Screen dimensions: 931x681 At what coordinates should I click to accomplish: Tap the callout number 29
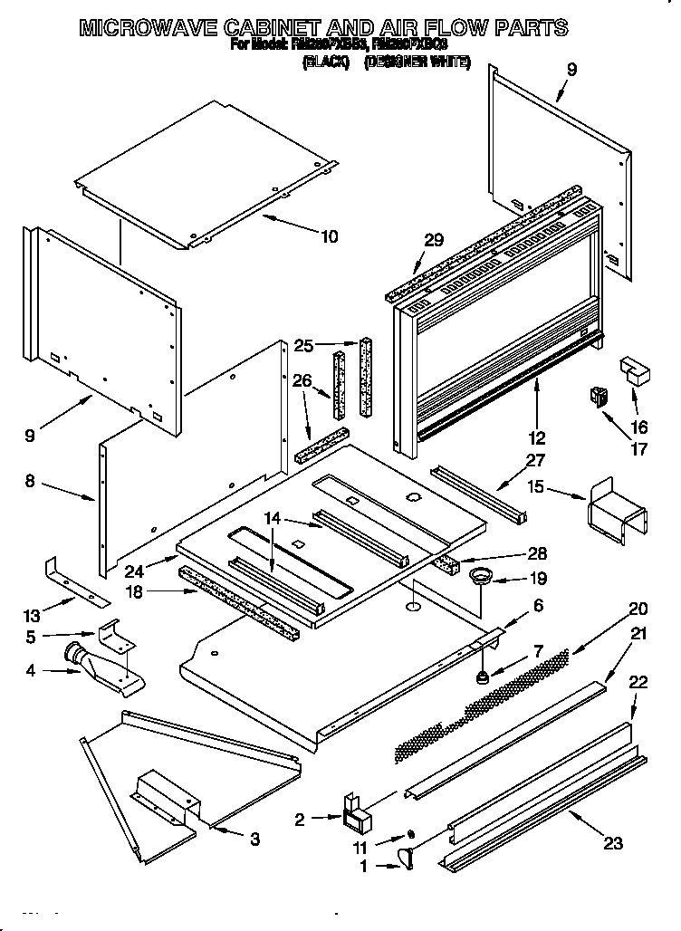pyautogui.click(x=434, y=240)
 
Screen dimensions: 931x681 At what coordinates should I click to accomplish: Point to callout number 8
pyautogui.click(x=30, y=483)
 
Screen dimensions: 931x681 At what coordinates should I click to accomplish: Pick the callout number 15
pyautogui.click(x=536, y=487)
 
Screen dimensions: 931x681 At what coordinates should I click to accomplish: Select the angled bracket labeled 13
pyautogui.click(x=77, y=581)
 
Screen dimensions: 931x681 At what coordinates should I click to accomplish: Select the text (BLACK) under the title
pyautogui.click(x=327, y=62)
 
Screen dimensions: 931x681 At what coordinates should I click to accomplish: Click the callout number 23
pyautogui.click(x=613, y=843)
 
